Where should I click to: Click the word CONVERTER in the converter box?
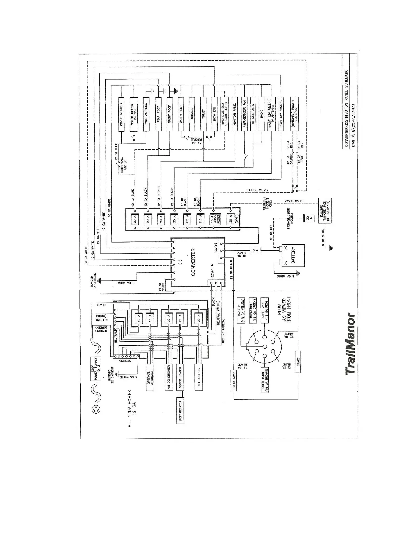(193, 262)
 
